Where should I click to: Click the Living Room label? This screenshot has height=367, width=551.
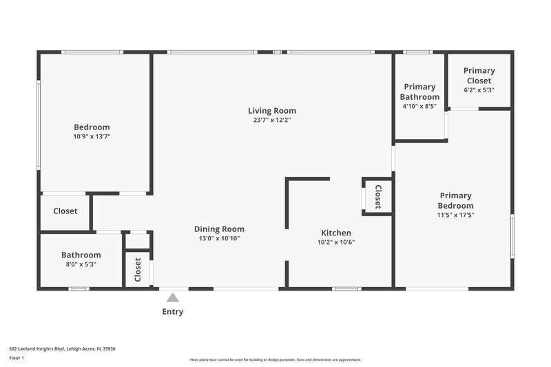click(x=272, y=110)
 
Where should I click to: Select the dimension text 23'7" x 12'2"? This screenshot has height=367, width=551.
click(x=272, y=120)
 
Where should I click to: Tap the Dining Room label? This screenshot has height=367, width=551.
click(x=219, y=229)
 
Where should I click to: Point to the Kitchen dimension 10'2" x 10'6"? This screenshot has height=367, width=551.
click(x=336, y=242)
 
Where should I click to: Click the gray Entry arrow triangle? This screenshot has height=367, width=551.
click(x=173, y=297)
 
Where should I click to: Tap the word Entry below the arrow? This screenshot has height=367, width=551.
click(x=173, y=312)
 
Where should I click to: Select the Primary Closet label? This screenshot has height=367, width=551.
click(x=479, y=75)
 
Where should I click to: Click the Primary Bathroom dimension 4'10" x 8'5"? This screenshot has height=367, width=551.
click(x=419, y=106)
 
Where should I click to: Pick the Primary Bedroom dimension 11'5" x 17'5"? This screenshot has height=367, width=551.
click(x=456, y=215)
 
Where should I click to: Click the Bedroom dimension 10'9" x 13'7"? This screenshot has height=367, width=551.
click(x=92, y=136)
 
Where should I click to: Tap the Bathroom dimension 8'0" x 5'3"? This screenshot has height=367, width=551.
click(x=81, y=264)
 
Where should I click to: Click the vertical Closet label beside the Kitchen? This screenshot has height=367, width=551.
click(x=378, y=196)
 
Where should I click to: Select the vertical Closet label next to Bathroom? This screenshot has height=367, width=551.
click(x=138, y=269)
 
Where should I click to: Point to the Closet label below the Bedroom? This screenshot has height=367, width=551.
click(x=65, y=211)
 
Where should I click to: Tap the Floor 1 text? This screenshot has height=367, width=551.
click(x=16, y=358)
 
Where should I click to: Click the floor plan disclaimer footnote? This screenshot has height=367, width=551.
click(x=275, y=359)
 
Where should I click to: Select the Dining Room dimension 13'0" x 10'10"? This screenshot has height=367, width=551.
click(x=219, y=238)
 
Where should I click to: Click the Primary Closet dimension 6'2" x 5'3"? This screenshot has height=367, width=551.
click(x=479, y=90)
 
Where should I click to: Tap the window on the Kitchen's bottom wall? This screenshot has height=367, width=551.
click(x=346, y=288)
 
